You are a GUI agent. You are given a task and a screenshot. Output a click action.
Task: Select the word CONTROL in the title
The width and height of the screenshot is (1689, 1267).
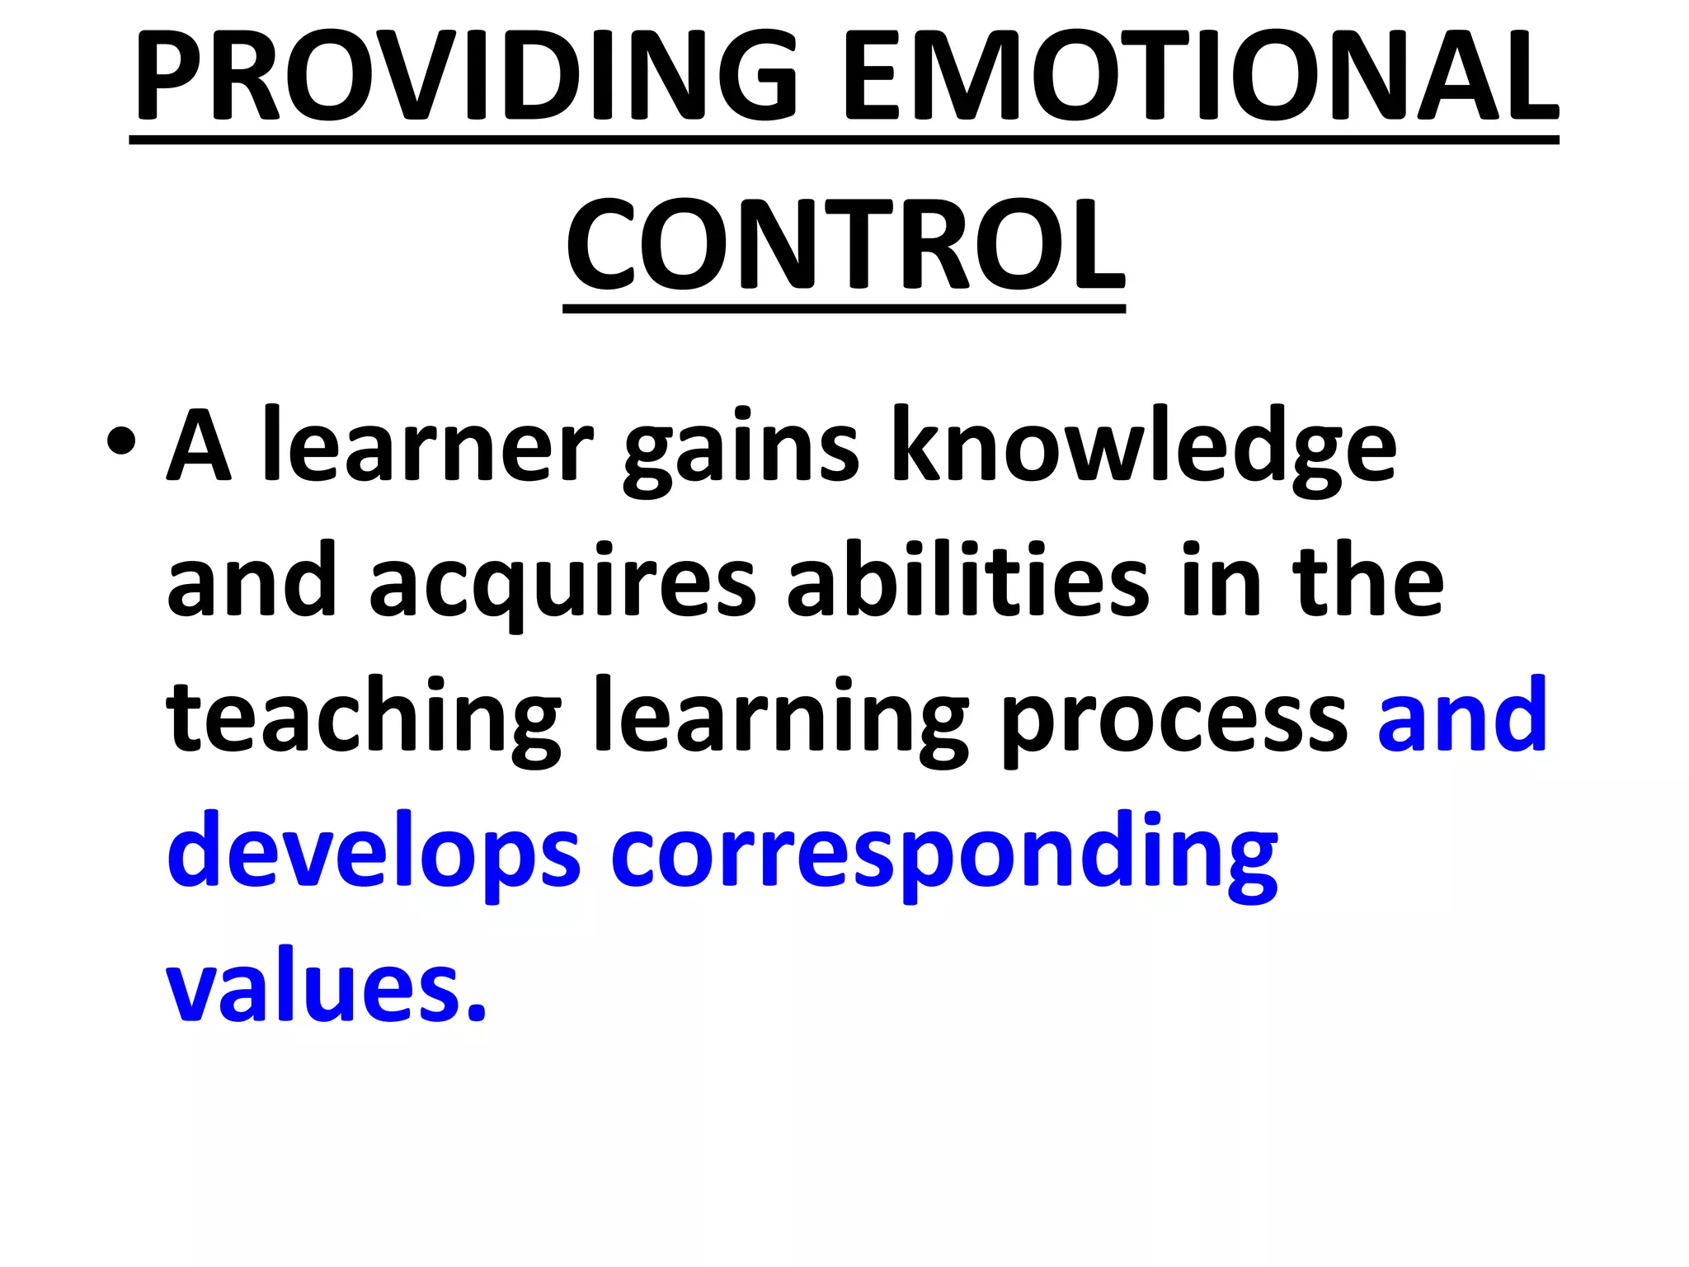[x=844, y=245]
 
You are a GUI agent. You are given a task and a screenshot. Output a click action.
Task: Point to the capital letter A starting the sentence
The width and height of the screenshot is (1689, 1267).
[x=199, y=445]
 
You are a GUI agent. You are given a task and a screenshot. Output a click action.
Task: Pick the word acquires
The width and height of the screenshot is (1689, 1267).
[x=562, y=584]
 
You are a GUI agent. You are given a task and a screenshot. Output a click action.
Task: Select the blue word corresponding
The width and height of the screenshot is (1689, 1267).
[x=944, y=853]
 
